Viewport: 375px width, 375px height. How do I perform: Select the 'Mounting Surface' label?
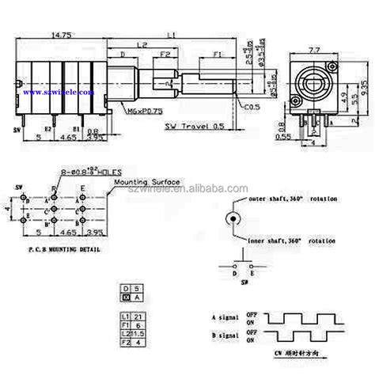[147, 181]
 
